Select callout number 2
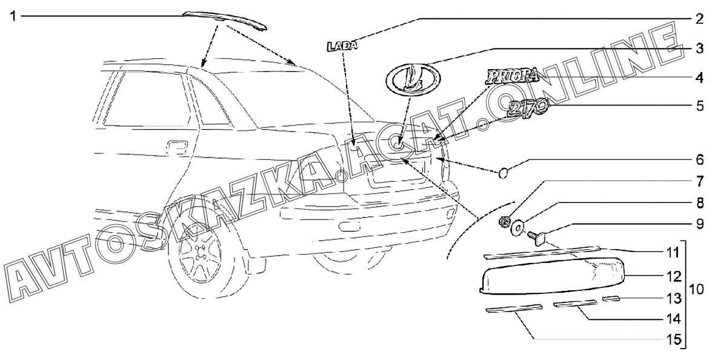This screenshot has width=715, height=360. [x=699, y=18]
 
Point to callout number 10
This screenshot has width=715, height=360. [x=697, y=289]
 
